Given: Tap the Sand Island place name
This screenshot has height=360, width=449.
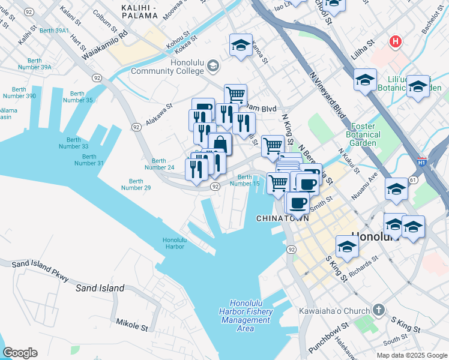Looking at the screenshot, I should pyautogui.click(x=100, y=288).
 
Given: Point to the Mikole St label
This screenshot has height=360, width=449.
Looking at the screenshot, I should pyautogui.click(x=131, y=326).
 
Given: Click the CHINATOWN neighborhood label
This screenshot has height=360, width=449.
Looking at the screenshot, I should pyautogui.click(x=282, y=218).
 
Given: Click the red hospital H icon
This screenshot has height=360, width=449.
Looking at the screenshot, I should pyautogui.click(x=395, y=41).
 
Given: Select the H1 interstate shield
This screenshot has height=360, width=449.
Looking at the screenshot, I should pyautogui.click(x=421, y=162).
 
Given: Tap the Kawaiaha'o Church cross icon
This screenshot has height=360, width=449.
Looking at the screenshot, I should pyautogui.click(x=378, y=310).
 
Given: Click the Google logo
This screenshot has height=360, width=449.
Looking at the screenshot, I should pyautogui.click(x=20, y=353).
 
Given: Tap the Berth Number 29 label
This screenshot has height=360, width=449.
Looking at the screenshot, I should pyautogui.click(x=136, y=184).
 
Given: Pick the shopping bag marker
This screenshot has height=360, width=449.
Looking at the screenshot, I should pyautogui.click(x=220, y=144).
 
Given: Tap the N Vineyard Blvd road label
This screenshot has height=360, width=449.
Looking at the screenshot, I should pyautogui.click(x=328, y=96).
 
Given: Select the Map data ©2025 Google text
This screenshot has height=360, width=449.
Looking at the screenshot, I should pyautogui.click(x=411, y=355).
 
